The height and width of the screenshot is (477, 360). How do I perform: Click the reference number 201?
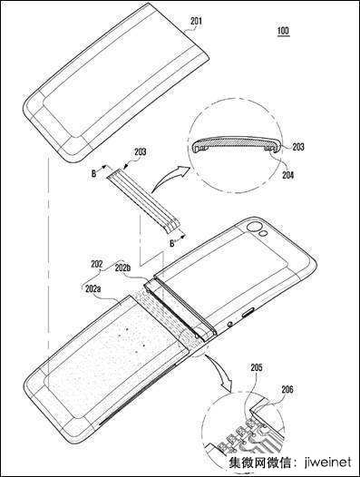pyautogui.click(x=196, y=21)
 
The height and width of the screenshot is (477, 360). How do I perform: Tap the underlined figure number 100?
pyautogui.click(x=283, y=31)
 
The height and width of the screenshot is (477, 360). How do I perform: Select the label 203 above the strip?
pyautogui.click(x=140, y=151)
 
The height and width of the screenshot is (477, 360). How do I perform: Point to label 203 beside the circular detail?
pyautogui.click(x=298, y=147)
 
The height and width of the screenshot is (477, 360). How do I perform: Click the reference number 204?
pyautogui.click(x=287, y=175)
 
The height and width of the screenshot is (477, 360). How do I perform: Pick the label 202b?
pyautogui.click(x=122, y=268)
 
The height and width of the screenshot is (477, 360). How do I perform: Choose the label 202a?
pyautogui.click(x=92, y=288)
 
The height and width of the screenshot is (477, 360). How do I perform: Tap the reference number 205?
pyautogui.click(x=257, y=368)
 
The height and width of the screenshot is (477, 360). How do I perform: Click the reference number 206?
pyautogui.click(x=287, y=389)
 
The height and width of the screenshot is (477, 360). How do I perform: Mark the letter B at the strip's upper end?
pyautogui.click(x=94, y=173)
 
